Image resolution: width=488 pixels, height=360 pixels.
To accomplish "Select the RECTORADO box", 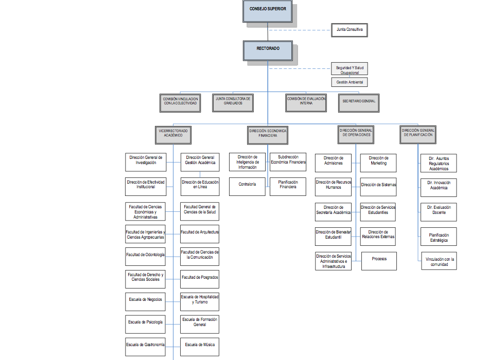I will (x=268, y=49).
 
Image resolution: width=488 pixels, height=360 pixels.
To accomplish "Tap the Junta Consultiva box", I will (x=350, y=30).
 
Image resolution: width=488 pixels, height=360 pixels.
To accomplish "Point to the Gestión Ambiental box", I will (x=350, y=82).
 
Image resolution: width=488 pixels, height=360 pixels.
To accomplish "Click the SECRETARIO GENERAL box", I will (x=359, y=102).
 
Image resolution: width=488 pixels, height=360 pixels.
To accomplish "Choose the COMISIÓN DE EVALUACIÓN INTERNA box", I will (x=306, y=102).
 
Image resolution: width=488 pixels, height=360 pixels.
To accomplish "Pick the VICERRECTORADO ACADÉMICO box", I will (x=173, y=134).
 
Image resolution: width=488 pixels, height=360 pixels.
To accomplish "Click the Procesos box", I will (x=379, y=259).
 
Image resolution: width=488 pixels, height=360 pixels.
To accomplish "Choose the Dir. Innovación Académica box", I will (x=439, y=186).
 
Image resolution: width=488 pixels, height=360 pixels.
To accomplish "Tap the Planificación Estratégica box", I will (x=439, y=237).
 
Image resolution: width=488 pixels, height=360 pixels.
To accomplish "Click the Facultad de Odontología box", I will (x=145, y=255).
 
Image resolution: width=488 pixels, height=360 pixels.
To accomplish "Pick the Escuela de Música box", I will (x=200, y=345).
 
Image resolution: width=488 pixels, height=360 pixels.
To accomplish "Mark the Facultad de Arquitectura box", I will (x=200, y=232).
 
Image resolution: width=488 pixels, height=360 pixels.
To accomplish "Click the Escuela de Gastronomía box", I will (x=145, y=345).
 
